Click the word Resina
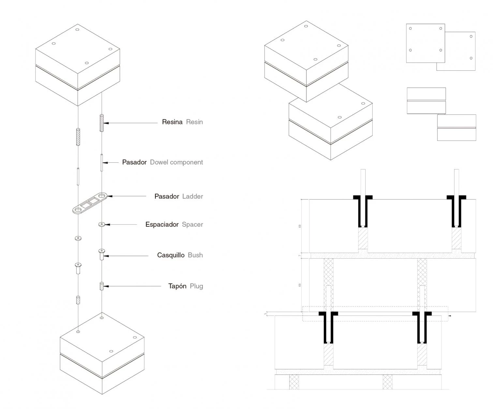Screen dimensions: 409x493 [172, 122]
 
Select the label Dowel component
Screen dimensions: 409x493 [176, 162]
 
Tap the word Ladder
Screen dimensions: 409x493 [192, 196]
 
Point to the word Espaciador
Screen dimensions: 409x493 [162, 224]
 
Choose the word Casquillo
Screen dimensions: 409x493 [171, 255]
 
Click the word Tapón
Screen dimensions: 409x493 [177, 286]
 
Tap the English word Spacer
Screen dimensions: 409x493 [192, 224]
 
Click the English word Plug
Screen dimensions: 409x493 [196, 286]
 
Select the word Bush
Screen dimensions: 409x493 [195, 255]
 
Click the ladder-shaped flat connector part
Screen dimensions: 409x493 [90, 203]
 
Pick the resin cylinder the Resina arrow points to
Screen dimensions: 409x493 [102, 123]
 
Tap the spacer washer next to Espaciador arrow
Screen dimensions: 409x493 [101, 224]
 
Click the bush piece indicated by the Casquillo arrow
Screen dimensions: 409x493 [101, 254]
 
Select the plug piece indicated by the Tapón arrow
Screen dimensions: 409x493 [102, 286]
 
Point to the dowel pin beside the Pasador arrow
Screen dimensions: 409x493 [102, 162]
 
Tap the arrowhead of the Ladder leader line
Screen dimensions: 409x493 [110, 196]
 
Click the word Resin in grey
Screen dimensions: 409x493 [194, 122]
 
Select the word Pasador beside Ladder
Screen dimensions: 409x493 [167, 196]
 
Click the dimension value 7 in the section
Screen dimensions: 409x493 [300, 255]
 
